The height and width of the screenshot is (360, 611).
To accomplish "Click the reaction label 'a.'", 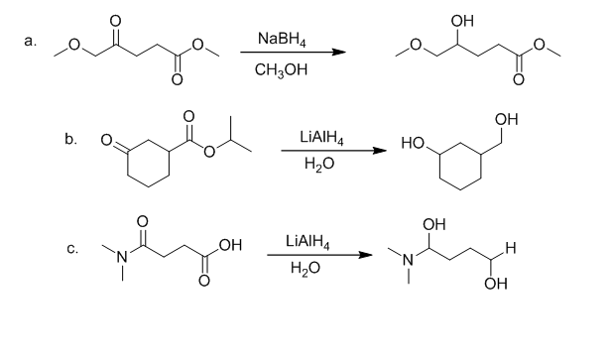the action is tap(31, 41).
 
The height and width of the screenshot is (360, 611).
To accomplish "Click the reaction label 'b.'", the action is tap(71, 139).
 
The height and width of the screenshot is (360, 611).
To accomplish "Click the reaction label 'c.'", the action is tap(72, 248).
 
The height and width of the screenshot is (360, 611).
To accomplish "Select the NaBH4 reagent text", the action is tap(282, 40).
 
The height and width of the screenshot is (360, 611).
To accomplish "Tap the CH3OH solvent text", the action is tap(281, 70).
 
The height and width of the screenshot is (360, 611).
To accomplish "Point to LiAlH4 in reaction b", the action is tap(321, 138).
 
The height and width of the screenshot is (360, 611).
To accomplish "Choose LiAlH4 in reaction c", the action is tap(307, 241).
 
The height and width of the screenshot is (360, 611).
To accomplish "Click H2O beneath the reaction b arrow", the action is tap(319, 165).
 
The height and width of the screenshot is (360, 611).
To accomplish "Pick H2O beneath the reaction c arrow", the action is tap(305, 269).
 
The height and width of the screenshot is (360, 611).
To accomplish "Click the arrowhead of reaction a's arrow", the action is tap(339, 53).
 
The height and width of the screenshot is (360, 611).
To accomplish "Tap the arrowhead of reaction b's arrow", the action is tap(380, 151).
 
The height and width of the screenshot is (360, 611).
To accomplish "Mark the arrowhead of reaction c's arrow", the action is tap(365, 255).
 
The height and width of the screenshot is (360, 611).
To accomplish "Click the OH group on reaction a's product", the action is tap(462, 21).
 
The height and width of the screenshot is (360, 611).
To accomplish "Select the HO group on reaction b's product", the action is tap(413, 144).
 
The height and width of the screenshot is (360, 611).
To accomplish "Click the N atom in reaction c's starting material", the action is tap(122, 257).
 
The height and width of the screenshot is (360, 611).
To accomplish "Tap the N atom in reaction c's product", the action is tap(409, 259).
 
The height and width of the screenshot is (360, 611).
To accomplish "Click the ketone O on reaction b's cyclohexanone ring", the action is tap(106, 140).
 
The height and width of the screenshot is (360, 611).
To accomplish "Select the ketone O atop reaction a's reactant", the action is tap(116, 21).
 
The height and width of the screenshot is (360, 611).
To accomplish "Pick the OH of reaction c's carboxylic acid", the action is tap(231, 245).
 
